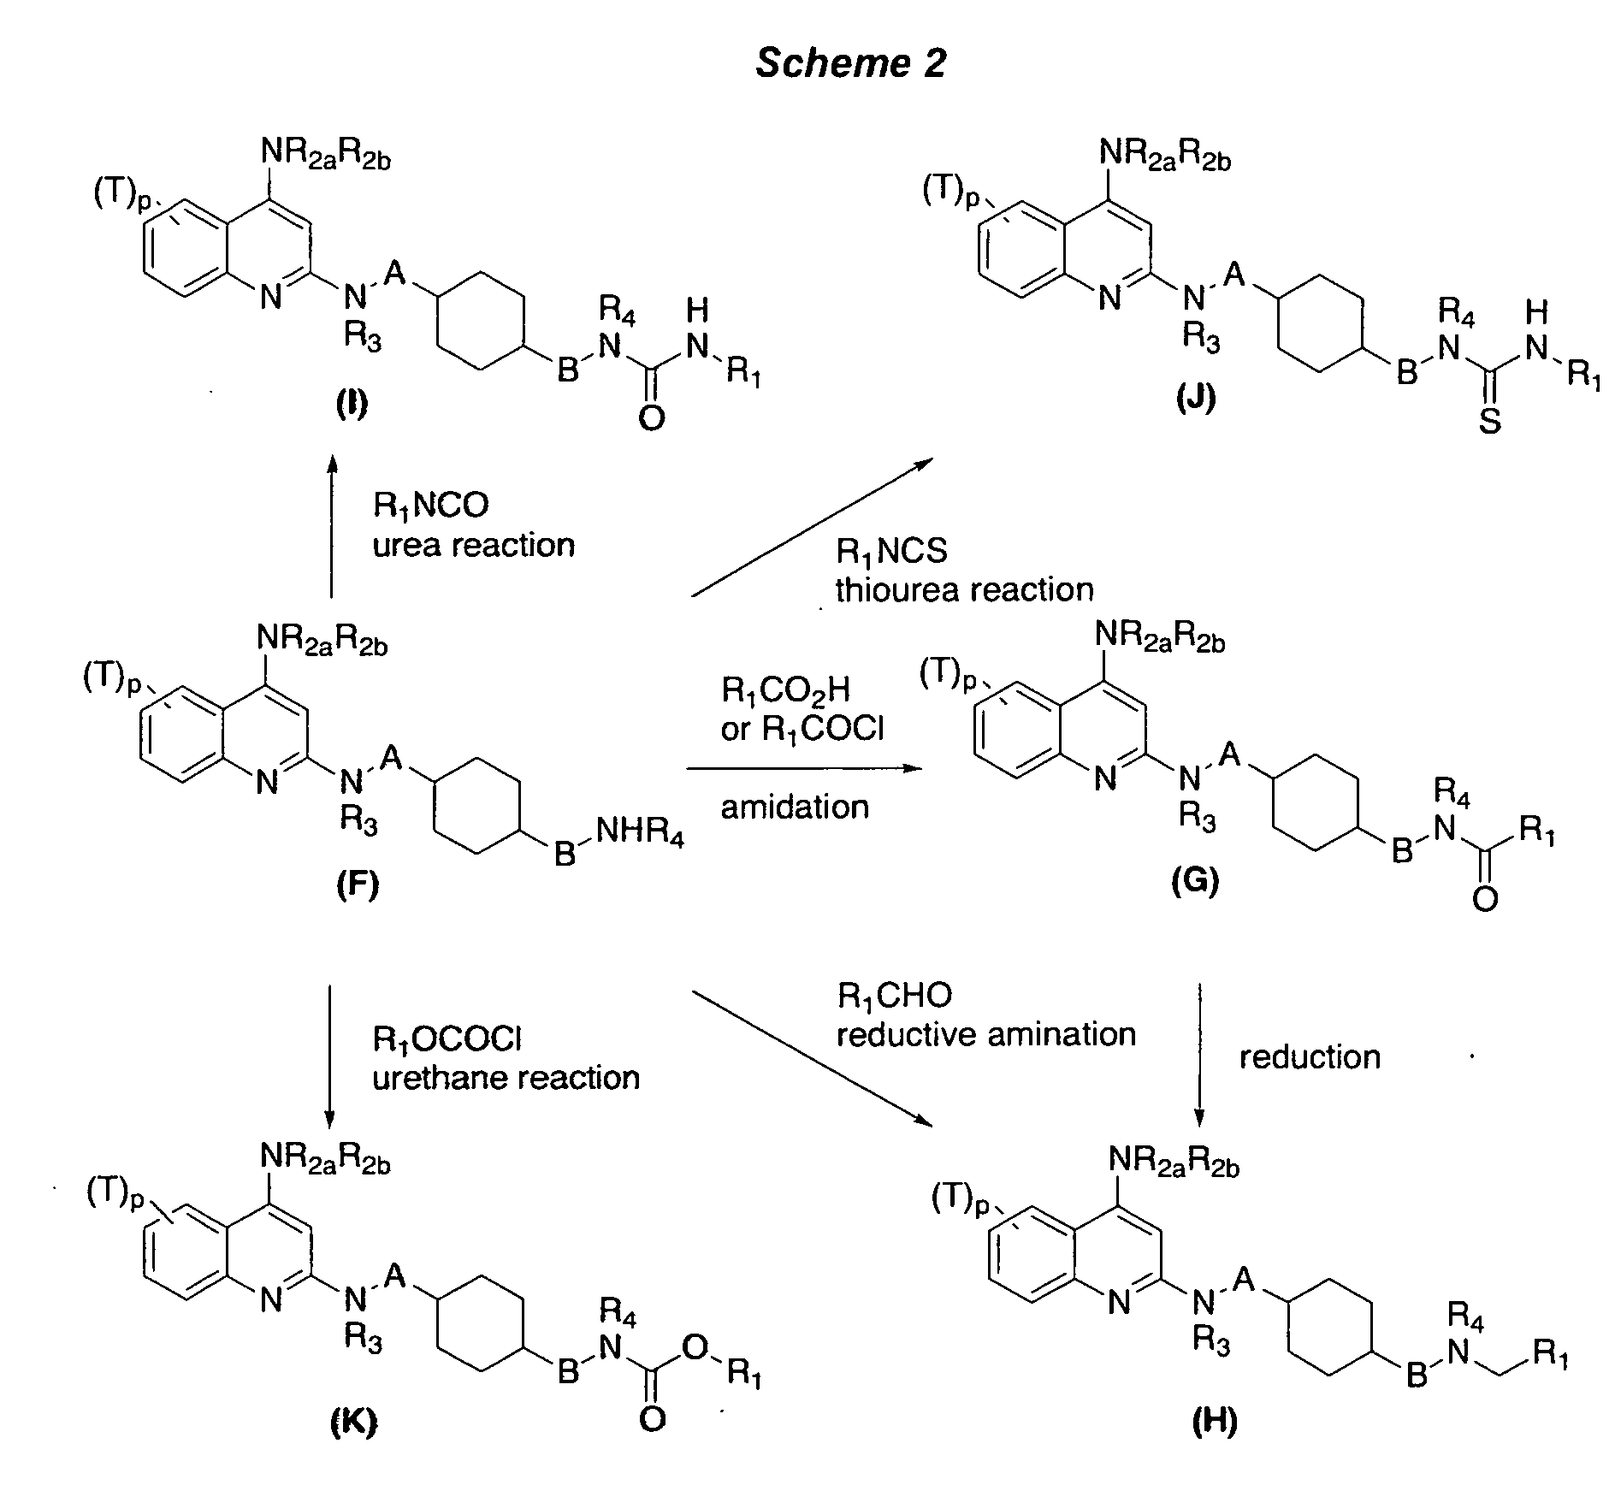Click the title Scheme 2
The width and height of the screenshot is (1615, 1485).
click(851, 63)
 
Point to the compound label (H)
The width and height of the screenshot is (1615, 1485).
click(1215, 1422)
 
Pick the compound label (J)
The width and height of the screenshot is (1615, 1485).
click(1195, 399)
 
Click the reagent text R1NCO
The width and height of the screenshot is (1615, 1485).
click(430, 505)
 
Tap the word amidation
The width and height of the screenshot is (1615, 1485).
click(795, 807)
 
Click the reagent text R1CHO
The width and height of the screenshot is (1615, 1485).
click(894, 995)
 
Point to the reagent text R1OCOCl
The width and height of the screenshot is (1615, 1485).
click(447, 1039)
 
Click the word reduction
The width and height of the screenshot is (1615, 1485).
click(1310, 1057)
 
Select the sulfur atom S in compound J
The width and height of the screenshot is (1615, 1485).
click(1490, 421)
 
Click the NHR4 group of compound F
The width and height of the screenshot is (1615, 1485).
click(639, 832)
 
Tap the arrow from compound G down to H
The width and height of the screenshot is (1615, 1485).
click(1199, 1056)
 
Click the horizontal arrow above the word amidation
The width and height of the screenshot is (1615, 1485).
click(806, 768)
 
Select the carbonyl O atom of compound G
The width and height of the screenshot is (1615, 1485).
click(1485, 899)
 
